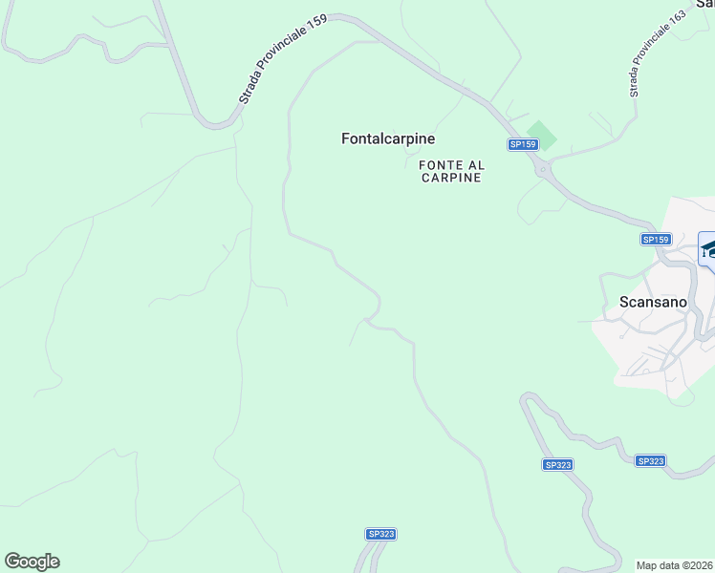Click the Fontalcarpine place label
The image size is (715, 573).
click(388, 138)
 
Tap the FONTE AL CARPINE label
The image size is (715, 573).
click(450, 171)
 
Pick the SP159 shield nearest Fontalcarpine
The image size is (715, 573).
click(523, 144)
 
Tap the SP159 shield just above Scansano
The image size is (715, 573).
click(656, 240)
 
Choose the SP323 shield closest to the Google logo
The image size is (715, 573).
click(380, 534)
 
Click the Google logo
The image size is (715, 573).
click(32, 562)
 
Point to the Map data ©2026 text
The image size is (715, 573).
click(675, 565)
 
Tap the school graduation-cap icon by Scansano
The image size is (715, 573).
click(708, 249)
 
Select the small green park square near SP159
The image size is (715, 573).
click(541, 135)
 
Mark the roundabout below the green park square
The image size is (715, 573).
click(543, 170)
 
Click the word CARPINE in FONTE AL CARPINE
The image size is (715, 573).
click(450, 178)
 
